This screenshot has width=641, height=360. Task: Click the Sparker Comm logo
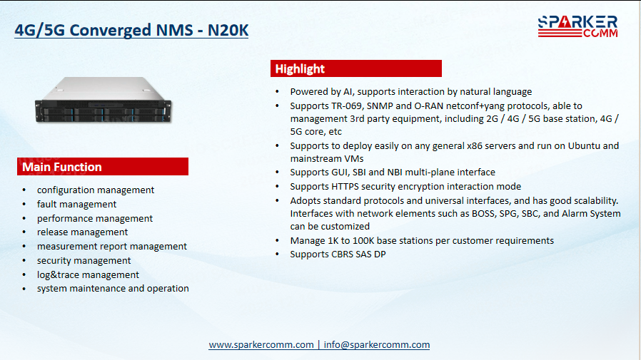pos(577,26)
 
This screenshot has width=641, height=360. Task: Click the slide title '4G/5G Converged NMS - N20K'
pos(131,30)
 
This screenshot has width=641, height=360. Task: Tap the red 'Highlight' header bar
pos(356,68)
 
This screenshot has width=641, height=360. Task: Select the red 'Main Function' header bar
pos(103,167)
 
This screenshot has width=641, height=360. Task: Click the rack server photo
pos(104,100)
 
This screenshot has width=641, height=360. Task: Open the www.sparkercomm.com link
pos(261,345)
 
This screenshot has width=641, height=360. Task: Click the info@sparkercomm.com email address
pos(376,345)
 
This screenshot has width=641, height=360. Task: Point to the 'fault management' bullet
pos(76,204)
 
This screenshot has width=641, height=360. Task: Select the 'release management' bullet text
pos(82,232)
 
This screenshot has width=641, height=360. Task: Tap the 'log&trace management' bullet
pos(88,274)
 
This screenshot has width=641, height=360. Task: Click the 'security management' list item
pos(84,260)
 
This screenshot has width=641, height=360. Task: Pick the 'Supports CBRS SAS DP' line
pos(338,254)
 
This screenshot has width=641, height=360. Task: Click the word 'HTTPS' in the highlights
pos(345,187)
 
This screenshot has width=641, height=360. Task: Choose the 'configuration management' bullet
pos(95,190)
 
